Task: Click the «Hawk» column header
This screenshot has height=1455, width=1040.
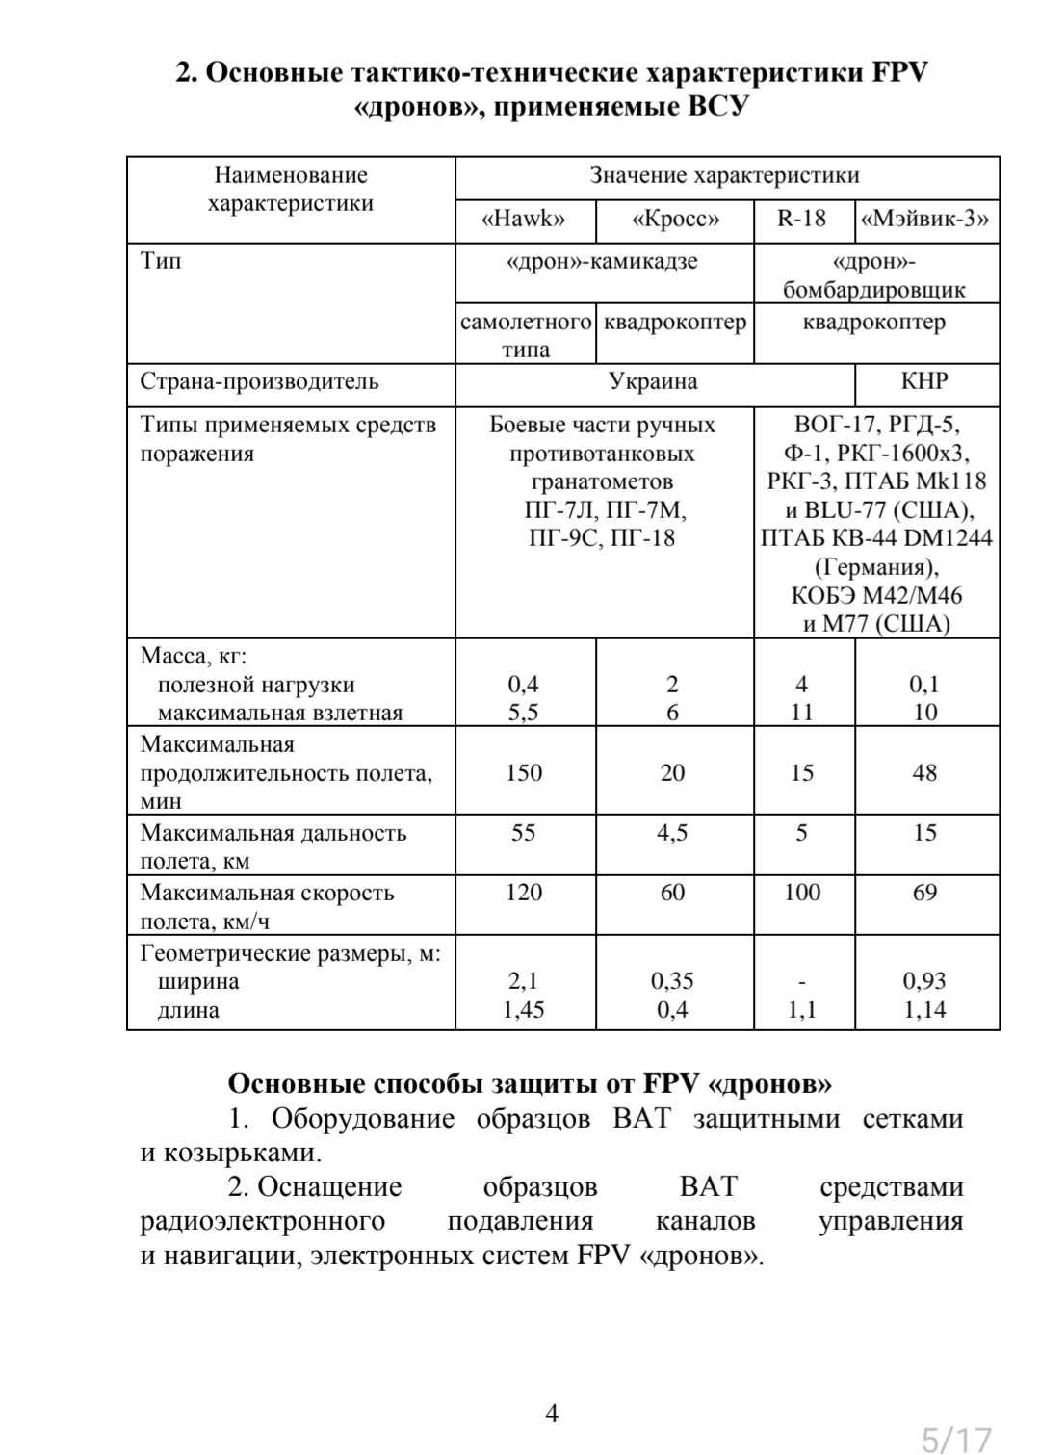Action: tap(524, 220)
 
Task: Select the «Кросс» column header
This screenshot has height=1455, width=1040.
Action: tap(674, 220)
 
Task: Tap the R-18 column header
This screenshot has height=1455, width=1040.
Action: tap(802, 220)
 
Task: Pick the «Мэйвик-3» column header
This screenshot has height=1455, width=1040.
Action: tap(925, 220)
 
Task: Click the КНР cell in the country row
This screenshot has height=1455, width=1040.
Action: tap(924, 381)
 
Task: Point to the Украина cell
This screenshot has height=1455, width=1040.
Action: tap(653, 381)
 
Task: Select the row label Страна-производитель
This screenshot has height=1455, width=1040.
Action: tap(259, 381)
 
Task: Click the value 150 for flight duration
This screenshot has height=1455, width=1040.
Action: tap(524, 773)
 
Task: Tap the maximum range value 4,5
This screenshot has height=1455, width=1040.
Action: tap(672, 833)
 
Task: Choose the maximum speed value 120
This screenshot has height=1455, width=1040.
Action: tap(524, 893)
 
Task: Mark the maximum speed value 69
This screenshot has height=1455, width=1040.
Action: tap(924, 893)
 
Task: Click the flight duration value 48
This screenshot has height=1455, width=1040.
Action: tap(924, 773)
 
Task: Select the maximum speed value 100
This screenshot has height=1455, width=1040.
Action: tap(802, 893)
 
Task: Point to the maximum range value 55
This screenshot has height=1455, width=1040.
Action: tap(524, 833)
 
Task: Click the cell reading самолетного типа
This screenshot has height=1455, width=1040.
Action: tap(526, 335)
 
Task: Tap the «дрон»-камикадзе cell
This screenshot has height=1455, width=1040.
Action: tap(602, 262)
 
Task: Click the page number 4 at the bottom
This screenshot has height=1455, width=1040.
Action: tap(552, 1414)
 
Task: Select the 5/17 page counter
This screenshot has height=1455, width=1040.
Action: tap(956, 1440)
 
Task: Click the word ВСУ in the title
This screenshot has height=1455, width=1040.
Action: tap(716, 106)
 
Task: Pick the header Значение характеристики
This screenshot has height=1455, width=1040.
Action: tap(724, 176)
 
